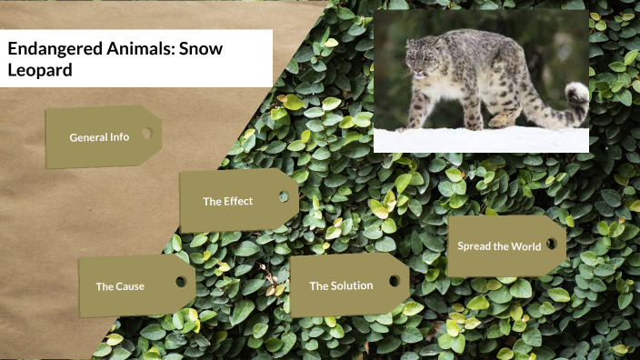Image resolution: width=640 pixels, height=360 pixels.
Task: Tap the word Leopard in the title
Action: coord(39,69)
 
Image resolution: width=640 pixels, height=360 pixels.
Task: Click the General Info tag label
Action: coord(99,137)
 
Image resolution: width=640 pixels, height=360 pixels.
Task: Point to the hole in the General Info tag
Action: coord(145,133)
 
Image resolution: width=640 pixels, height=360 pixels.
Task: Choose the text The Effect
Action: coord(227,201)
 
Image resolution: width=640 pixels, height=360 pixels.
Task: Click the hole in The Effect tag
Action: coord(283,196)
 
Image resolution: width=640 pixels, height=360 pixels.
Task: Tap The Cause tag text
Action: coord(120,286)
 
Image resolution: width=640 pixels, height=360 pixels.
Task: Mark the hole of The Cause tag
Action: coord(180,282)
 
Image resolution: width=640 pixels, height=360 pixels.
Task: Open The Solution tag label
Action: coord(341,285)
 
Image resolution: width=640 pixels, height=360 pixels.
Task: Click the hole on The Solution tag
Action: coord(394,281)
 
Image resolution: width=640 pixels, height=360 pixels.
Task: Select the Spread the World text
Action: coord(499,246)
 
